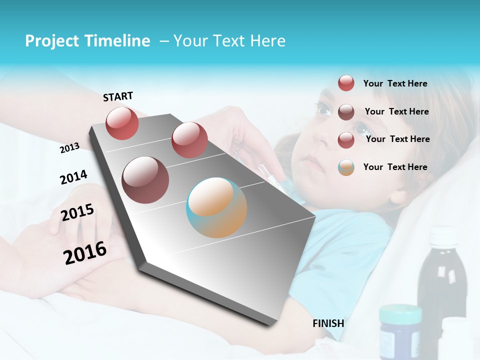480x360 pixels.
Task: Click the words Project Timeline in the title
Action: [87, 41]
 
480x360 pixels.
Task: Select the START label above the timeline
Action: [118, 96]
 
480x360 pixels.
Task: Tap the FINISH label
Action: [328, 323]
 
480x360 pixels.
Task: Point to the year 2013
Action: [70, 148]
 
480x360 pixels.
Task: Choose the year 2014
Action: [73, 177]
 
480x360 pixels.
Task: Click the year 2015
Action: [77, 212]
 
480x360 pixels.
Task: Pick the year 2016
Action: [85, 253]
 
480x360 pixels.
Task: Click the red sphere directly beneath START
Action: [122, 123]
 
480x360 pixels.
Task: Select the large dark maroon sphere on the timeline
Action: [145, 179]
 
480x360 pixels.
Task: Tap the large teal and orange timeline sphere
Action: [216, 207]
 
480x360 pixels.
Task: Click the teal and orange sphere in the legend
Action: [346, 167]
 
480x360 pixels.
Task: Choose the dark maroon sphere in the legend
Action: [346, 112]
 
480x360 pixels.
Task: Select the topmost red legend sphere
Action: [346, 83]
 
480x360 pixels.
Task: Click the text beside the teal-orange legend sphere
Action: [395, 167]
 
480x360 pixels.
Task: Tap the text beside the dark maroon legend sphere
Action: [396, 111]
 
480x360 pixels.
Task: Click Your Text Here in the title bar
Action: [229, 41]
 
